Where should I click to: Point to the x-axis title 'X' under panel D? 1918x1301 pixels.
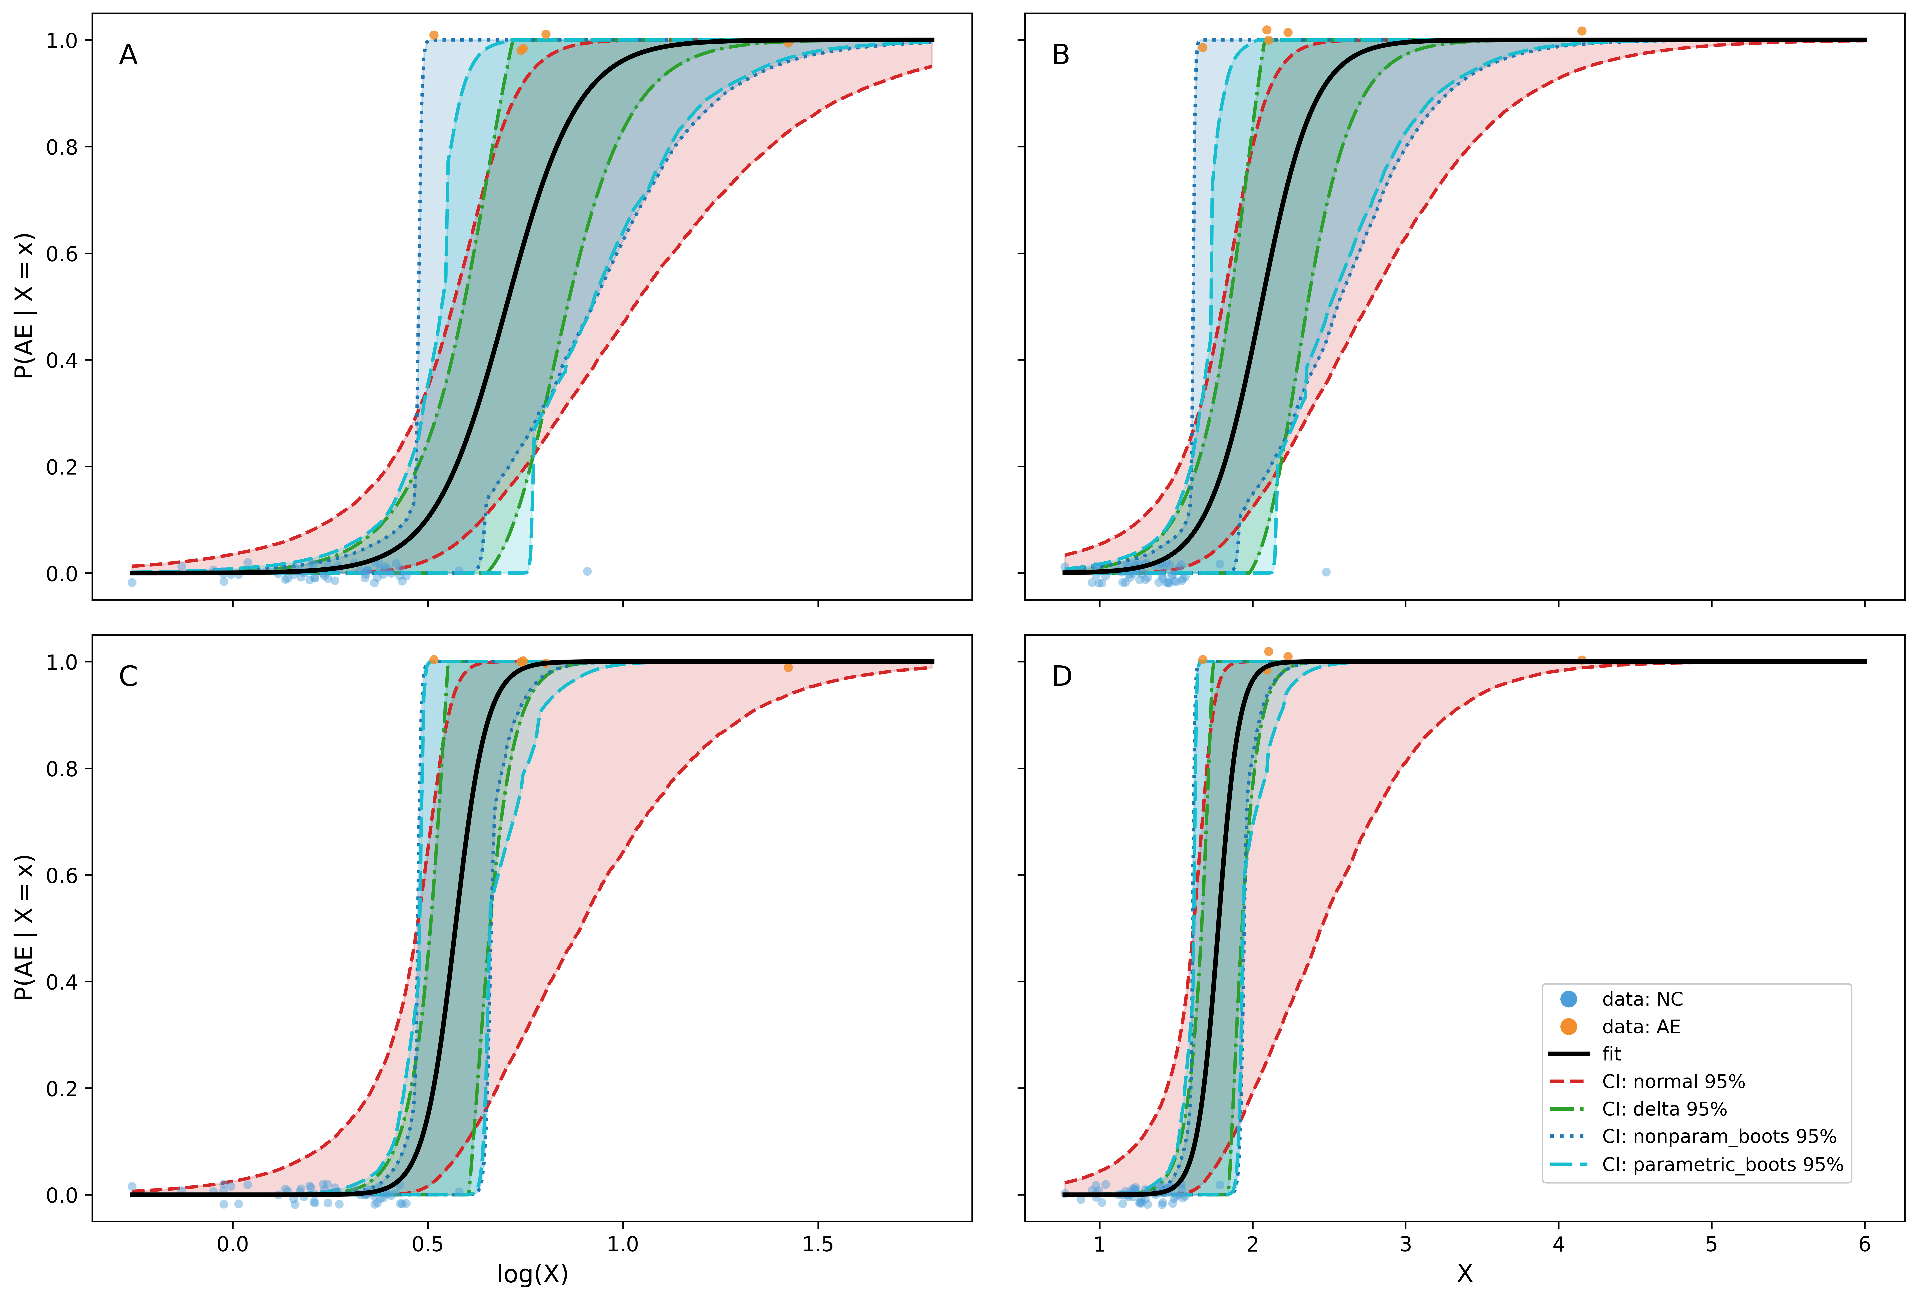click(1465, 1274)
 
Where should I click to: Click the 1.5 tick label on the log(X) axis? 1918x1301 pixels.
click(818, 1244)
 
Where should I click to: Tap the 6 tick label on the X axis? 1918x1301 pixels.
click(1864, 1244)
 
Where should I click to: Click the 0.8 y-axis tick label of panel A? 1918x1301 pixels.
click(62, 147)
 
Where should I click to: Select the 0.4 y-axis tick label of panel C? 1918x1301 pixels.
click(62, 982)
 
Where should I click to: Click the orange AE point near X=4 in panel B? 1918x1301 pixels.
click(1581, 31)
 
